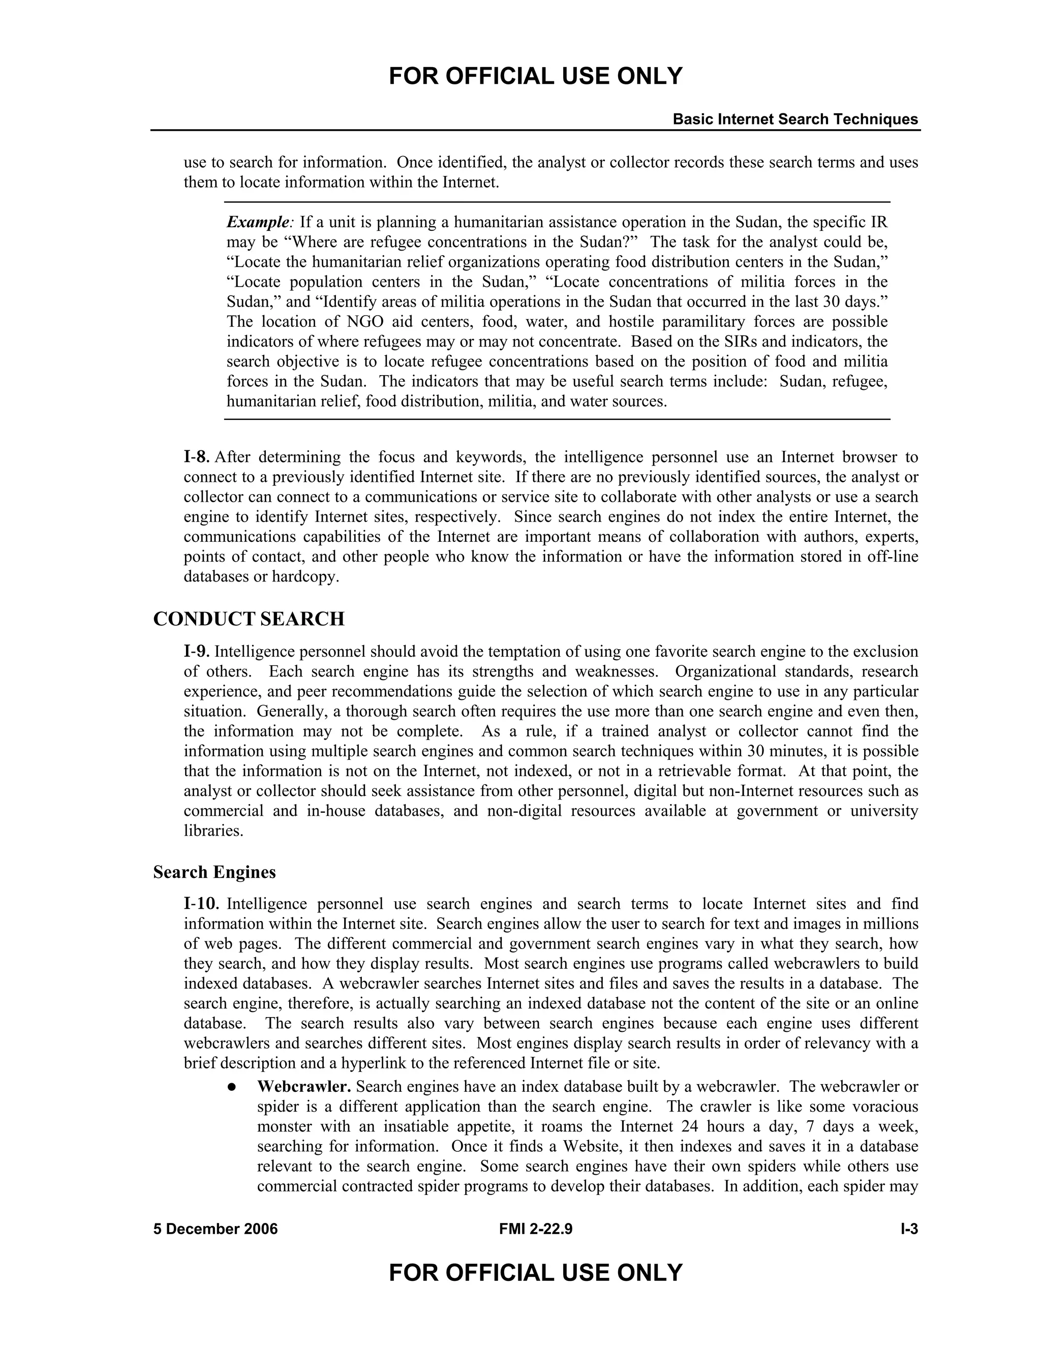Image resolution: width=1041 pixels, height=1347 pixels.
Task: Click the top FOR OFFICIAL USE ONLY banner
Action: click(535, 76)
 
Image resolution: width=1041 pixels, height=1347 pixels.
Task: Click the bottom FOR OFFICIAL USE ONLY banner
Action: click(535, 1273)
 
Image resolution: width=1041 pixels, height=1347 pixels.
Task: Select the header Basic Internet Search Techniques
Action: click(795, 119)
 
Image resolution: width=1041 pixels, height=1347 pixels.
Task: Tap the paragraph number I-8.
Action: click(197, 457)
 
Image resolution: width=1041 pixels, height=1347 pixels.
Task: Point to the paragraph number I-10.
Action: click(201, 904)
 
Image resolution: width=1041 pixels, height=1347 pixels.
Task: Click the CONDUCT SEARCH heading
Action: click(249, 619)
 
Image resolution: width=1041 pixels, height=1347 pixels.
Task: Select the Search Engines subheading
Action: click(214, 872)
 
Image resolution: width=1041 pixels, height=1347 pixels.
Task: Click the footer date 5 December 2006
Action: click(215, 1229)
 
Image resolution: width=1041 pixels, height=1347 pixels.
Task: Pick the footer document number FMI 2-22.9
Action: click(535, 1229)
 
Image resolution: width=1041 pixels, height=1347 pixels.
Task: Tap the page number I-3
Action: click(909, 1229)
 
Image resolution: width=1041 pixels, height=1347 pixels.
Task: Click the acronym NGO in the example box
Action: click(361, 322)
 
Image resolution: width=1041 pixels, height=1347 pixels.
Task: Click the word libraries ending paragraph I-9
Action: click(213, 831)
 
